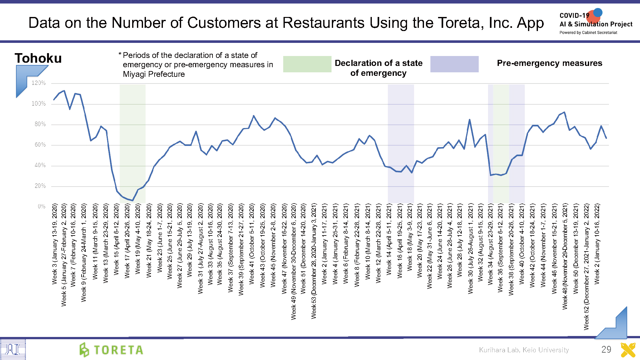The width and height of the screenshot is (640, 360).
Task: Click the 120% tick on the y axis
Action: point(39,83)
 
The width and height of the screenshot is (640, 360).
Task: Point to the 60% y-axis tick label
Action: point(40,145)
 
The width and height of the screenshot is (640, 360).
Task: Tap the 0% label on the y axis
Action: point(42,207)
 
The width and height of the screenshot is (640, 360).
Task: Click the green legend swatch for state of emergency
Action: point(307,64)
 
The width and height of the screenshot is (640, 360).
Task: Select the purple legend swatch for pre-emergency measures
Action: point(454,64)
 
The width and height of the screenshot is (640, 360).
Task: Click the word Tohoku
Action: point(38,58)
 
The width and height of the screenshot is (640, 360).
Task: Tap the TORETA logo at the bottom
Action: point(111,350)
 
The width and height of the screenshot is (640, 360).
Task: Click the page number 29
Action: point(606,349)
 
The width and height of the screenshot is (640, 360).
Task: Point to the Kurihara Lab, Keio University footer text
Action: point(524,350)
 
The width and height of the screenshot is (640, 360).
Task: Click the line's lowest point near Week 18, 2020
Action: point(132,201)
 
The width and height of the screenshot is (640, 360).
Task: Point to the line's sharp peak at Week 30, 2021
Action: point(469,120)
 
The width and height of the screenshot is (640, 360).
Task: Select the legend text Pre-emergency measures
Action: point(549,63)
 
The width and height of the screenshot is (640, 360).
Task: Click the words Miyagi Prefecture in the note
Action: point(154,74)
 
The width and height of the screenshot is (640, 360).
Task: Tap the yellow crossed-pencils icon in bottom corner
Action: point(628,350)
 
